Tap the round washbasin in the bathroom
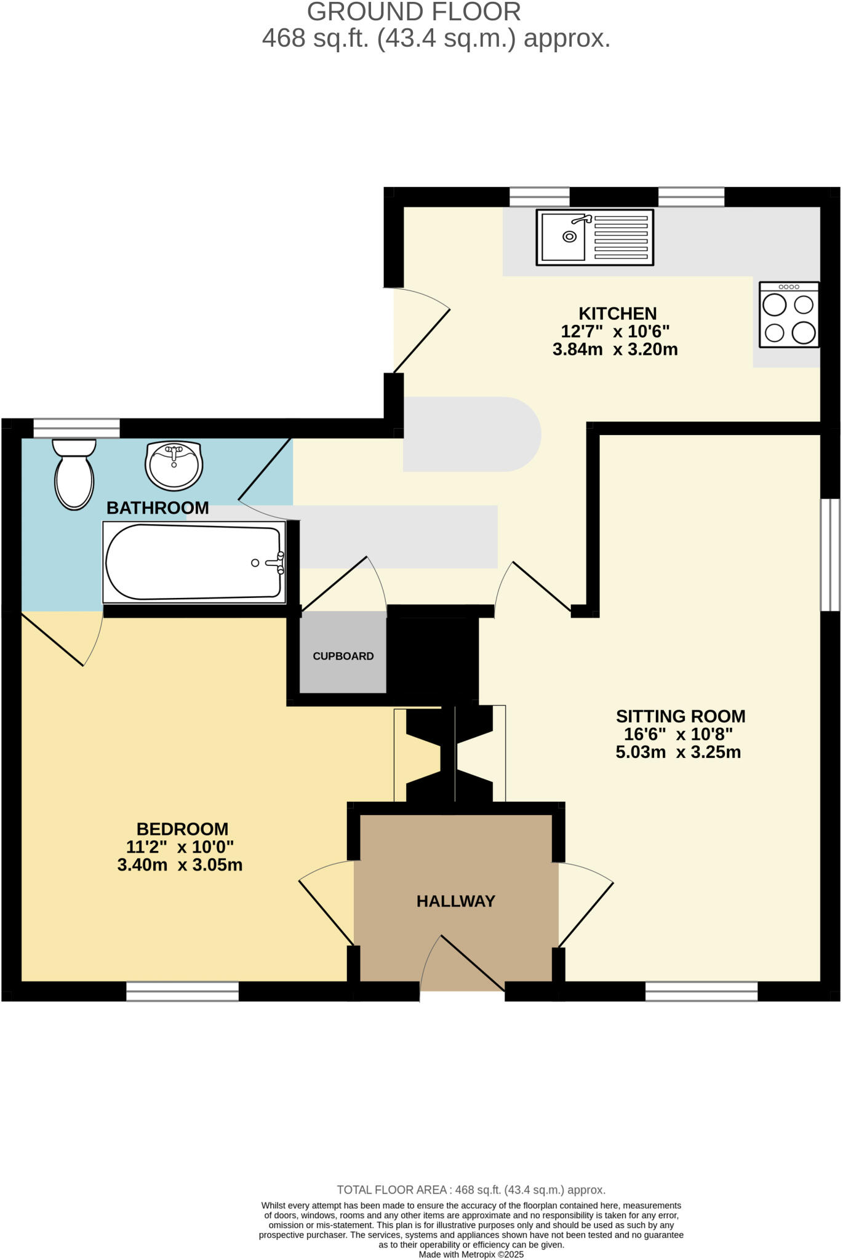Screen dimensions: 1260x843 pos(174,465)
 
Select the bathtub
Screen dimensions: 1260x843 pos(194,562)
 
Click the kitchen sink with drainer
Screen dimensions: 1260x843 pos(594,237)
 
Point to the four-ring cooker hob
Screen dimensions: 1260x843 pos(789,315)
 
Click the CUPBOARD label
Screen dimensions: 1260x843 pos(343,656)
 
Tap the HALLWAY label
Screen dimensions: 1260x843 pos(455,901)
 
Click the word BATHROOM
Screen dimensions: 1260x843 pos(158,508)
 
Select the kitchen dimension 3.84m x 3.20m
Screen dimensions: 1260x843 pos(615,350)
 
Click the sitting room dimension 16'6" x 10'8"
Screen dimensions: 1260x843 pos(678,735)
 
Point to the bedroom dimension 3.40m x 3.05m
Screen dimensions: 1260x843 pos(180,866)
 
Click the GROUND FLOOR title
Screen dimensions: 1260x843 pos(414,12)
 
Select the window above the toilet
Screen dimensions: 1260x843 pos(76,428)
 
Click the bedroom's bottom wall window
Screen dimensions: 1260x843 pos(182,991)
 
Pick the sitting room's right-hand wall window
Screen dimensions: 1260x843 pos(830,554)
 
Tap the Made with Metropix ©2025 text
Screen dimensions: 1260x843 pos(471,1254)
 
